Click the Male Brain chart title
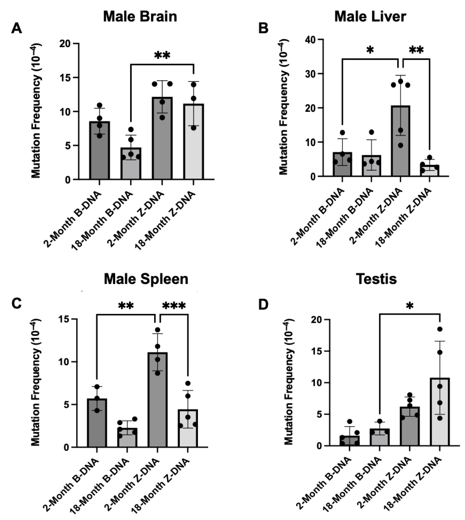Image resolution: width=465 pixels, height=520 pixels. pos(140,17)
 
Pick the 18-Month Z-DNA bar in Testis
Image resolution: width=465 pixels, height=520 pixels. pos(440,412)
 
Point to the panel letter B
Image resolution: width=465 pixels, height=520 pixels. pos(263,28)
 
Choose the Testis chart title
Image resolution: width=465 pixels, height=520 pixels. pos(377,279)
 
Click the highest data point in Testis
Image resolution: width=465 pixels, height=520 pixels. pos(440,329)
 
